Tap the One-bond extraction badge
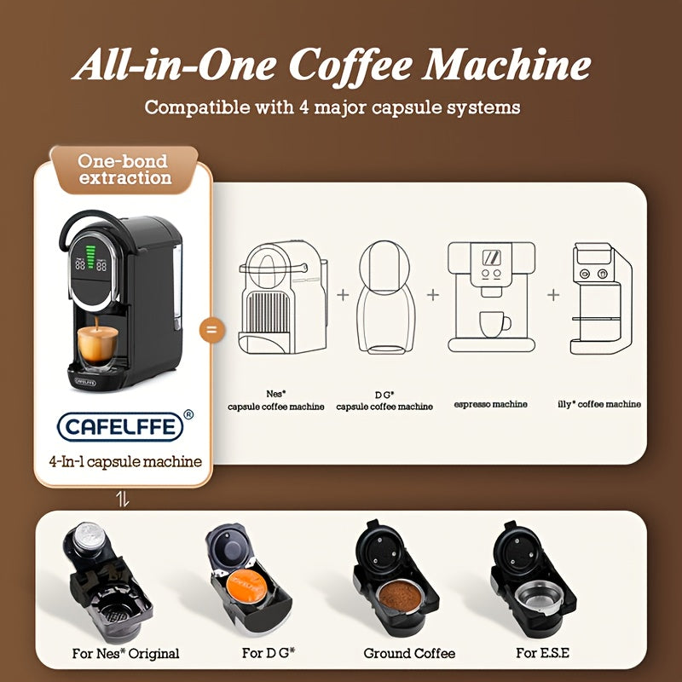(x=124, y=169)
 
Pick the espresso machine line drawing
(x=491, y=296)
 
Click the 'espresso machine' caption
(x=491, y=404)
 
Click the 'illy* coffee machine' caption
(x=600, y=404)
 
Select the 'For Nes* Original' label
(x=126, y=654)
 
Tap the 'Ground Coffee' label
(x=409, y=654)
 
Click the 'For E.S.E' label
(x=542, y=654)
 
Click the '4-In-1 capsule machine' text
(x=124, y=461)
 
